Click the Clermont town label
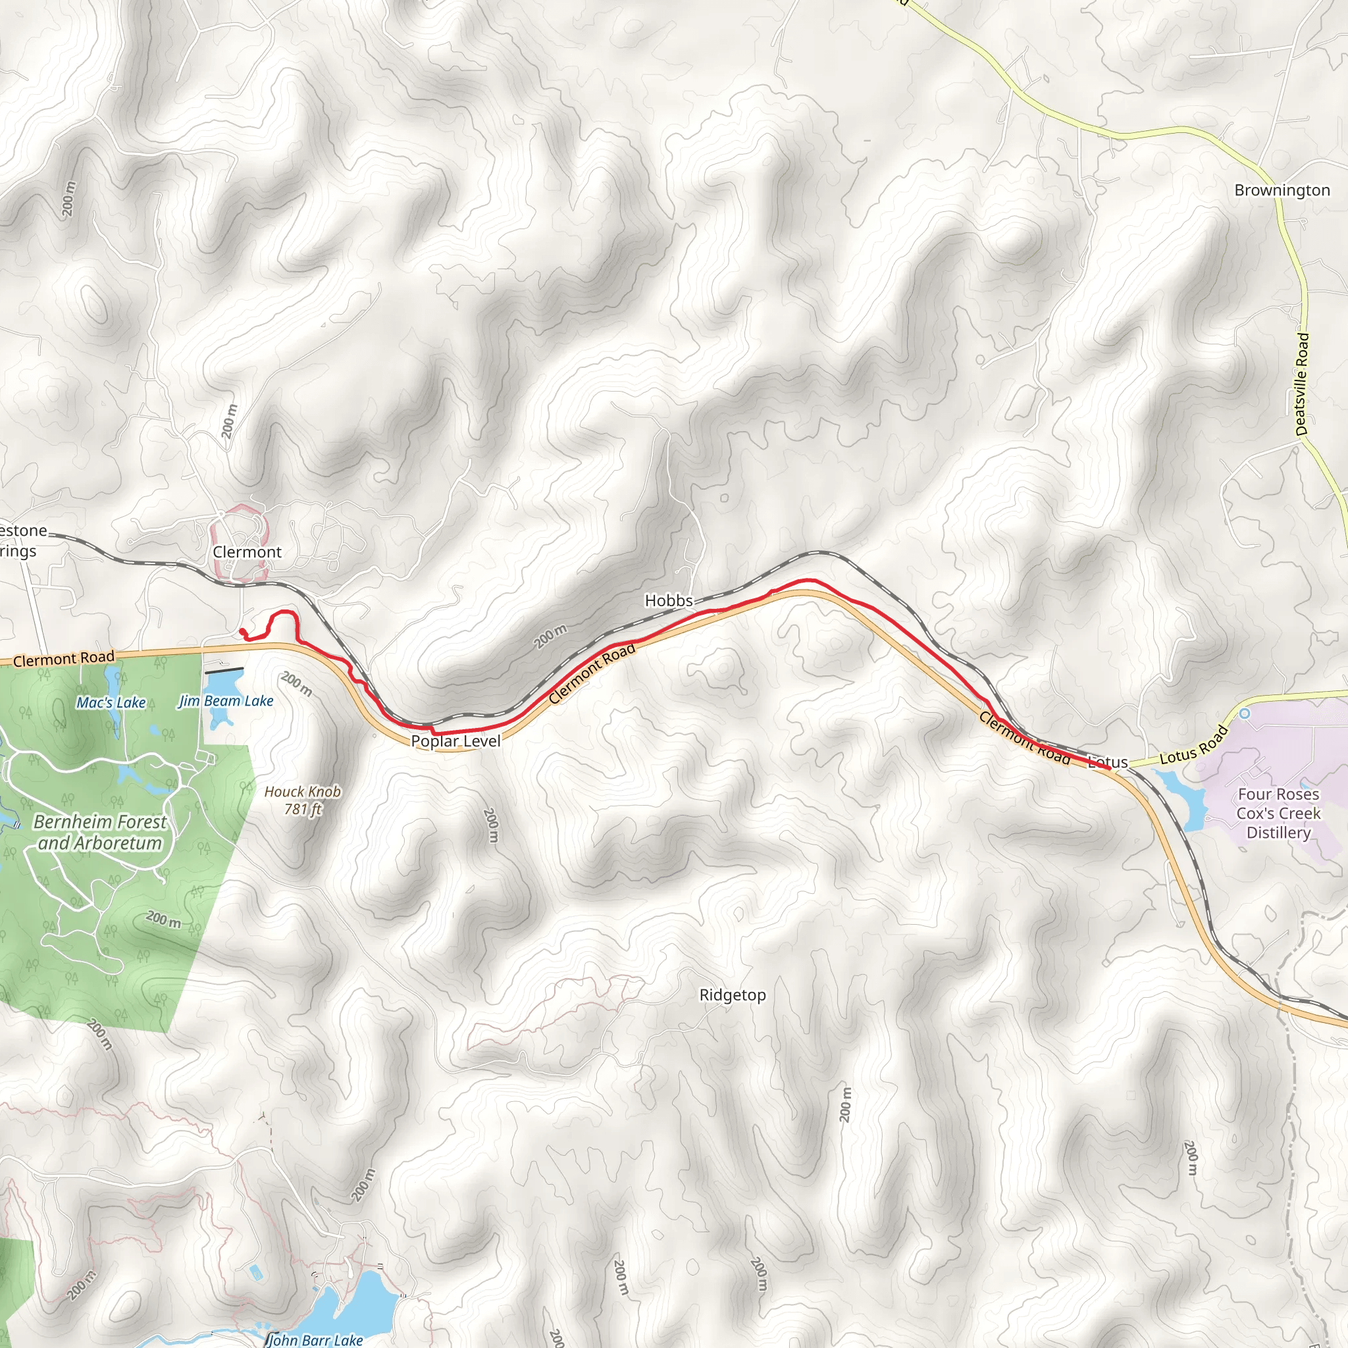coord(247,552)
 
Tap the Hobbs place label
coord(669,601)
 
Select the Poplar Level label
coord(455,741)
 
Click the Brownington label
coord(1282,190)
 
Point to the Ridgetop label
coord(733,995)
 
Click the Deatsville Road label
coord(1302,384)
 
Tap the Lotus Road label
coord(1193,745)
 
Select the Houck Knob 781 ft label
coord(302,800)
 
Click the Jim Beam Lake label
coord(226,701)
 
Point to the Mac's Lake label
coord(111,702)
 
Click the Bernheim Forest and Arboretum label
coord(100,833)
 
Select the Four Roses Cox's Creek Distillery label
coord(1278,814)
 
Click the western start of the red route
coord(242,631)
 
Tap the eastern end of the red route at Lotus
coord(1109,768)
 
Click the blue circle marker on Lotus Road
coord(1244,713)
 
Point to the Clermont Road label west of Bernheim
coord(63,659)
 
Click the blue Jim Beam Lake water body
coord(223,684)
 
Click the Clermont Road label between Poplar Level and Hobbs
coord(592,673)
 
